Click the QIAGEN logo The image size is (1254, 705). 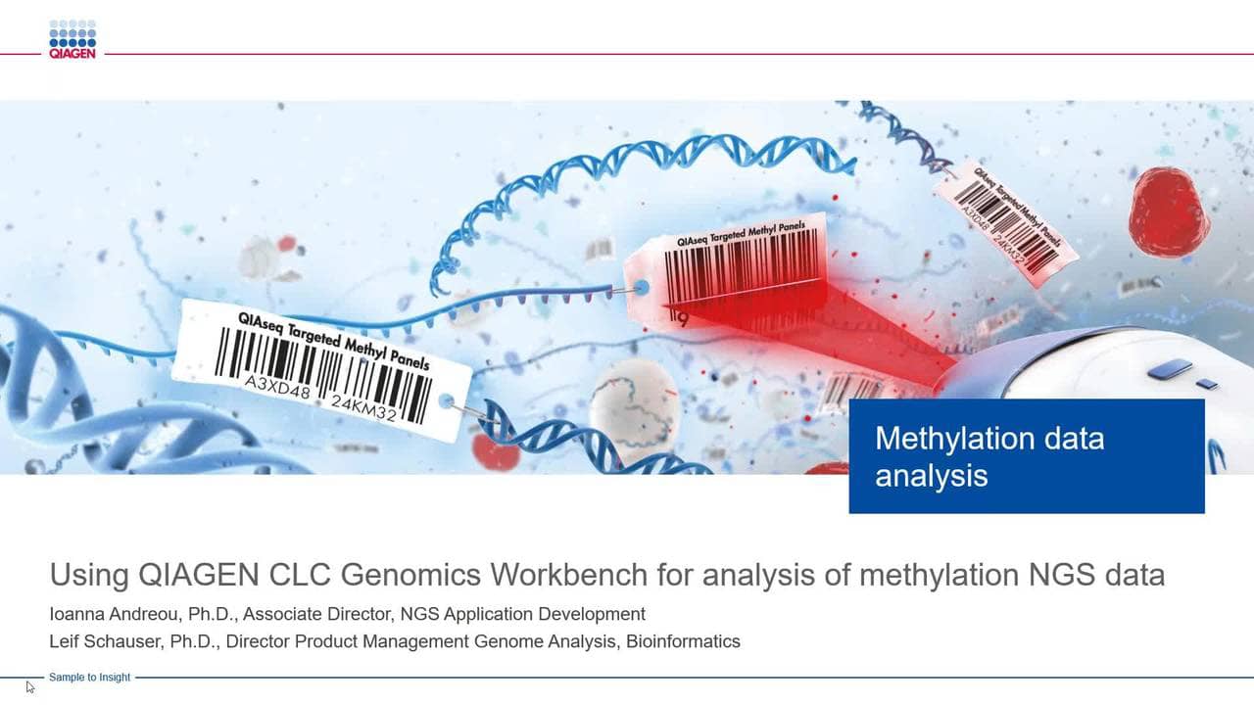click(x=72, y=39)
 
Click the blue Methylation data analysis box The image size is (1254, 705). click(x=1026, y=455)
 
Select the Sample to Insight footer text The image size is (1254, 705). click(x=89, y=678)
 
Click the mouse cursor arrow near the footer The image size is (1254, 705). click(x=29, y=686)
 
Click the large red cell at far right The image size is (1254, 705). click(x=1168, y=211)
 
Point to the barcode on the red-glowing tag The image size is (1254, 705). click(x=741, y=268)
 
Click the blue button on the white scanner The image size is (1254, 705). click(x=1169, y=369)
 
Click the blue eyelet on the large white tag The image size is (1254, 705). click(x=447, y=401)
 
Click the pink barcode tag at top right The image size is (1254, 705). click(x=1006, y=221)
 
